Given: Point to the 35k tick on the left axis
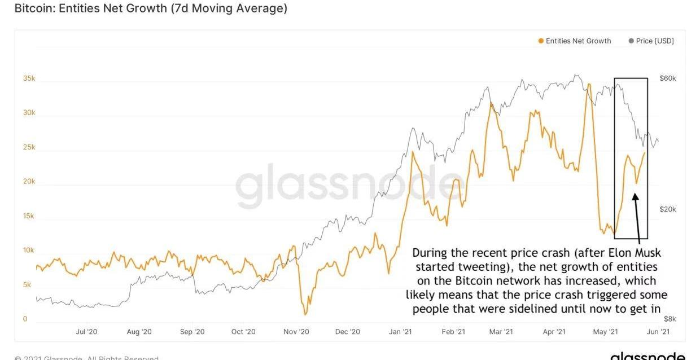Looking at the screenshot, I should (x=29, y=78).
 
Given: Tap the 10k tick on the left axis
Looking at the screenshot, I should (x=29, y=251).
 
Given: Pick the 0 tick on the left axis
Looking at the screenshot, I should (x=25, y=319).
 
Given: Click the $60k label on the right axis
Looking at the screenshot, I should (x=667, y=78).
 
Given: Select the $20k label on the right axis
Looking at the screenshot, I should (x=667, y=209).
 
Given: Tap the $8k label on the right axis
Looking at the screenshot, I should (x=670, y=319).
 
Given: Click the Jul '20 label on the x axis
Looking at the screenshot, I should (x=86, y=332).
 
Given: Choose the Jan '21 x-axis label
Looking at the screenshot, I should (x=400, y=332).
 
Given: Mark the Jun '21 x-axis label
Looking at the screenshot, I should (x=658, y=332).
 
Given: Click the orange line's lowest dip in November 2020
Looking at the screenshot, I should (x=305, y=314).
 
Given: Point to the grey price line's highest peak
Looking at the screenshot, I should (x=576, y=74).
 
